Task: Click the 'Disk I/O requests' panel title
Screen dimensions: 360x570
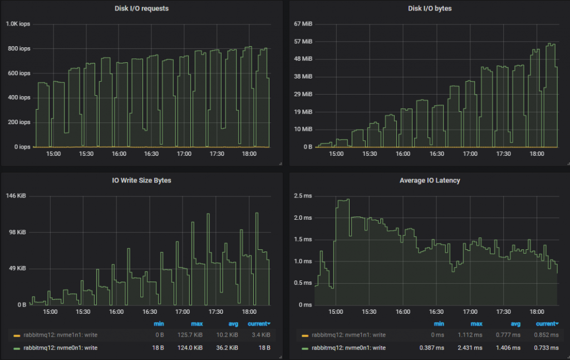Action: [141, 8]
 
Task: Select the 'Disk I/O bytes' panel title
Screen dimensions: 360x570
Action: [426, 8]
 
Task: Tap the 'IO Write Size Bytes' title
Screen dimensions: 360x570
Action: [141, 180]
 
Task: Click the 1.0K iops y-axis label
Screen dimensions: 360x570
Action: [18, 24]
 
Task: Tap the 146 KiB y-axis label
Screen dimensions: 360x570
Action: [17, 196]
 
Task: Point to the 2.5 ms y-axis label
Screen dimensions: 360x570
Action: [303, 196]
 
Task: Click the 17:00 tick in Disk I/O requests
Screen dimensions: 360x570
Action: [184, 154]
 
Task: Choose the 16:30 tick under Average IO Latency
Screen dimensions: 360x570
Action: [437, 312]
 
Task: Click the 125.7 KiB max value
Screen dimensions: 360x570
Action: [194, 335]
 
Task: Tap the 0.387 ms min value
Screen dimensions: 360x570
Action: [432, 348]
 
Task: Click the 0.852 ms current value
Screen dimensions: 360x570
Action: [546, 335]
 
